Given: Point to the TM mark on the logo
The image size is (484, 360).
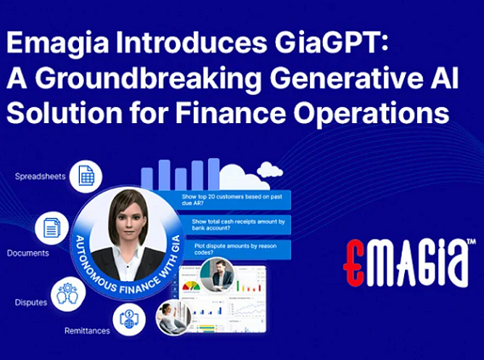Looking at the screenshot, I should coord(470,244).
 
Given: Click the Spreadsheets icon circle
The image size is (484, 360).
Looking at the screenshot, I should coord(85,176).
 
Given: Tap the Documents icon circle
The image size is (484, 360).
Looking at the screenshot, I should coord(52,228).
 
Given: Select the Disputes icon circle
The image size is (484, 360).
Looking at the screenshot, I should coord(69,293).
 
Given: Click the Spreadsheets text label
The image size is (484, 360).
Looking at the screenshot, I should coord(39,177).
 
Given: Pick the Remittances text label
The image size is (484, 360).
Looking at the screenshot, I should coord(87,330).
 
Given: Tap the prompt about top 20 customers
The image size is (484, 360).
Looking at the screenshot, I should coord(234,200).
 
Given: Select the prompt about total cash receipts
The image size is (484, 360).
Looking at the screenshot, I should coord(234,224).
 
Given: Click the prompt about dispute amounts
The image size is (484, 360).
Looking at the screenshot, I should coord(233,249).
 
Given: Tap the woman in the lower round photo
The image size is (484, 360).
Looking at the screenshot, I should coord(172,318).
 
